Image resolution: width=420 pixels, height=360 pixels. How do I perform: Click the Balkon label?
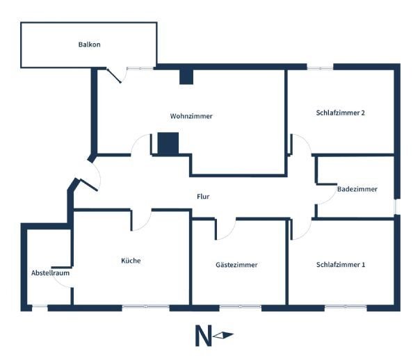[x=89, y=45]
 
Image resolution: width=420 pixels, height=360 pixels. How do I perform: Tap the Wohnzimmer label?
[x=191, y=116]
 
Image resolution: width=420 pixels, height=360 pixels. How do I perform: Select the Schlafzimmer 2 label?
[x=341, y=113]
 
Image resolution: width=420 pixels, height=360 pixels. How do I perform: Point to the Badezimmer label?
[x=357, y=189]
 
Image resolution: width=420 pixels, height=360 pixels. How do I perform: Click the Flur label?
[x=203, y=197]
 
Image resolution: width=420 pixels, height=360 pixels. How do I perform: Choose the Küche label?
[x=131, y=261]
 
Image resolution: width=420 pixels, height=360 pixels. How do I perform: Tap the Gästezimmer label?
[x=236, y=265]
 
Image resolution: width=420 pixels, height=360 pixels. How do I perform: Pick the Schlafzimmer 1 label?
[x=341, y=265]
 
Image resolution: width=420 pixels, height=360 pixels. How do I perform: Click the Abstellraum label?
[x=50, y=273]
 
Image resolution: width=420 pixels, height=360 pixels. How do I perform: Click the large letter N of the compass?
[x=203, y=336]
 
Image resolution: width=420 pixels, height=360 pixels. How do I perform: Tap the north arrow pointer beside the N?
[x=224, y=336]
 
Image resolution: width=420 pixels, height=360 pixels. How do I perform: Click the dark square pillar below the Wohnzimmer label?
[x=168, y=143]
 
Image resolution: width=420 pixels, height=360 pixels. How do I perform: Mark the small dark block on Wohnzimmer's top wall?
[x=186, y=76]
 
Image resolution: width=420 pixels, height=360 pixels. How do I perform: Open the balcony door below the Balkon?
[x=113, y=74]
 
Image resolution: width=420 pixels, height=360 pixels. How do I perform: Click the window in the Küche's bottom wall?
[x=145, y=306]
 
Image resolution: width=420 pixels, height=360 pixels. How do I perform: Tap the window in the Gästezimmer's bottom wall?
[x=240, y=306]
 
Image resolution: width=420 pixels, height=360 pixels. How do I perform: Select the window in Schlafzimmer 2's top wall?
[x=320, y=67]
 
